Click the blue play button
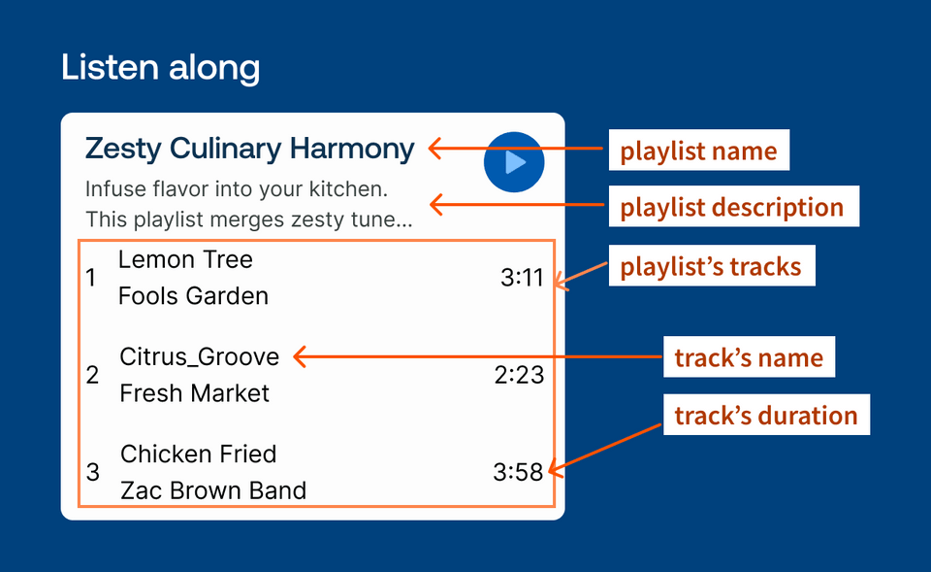[x=514, y=162]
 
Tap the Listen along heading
[x=160, y=67]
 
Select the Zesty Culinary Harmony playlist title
[x=249, y=149]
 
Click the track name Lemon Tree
[x=185, y=259]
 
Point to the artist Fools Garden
[x=193, y=295]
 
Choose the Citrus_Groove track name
[x=199, y=356]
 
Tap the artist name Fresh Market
[x=195, y=393]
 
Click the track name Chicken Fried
[x=198, y=454]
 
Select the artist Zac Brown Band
[x=212, y=490]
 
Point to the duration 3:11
[x=522, y=279]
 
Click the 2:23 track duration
[x=519, y=375]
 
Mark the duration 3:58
[x=518, y=473]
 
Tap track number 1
[x=91, y=279]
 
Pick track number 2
[x=92, y=375]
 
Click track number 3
[x=93, y=473]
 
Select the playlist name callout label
[x=698, y=151]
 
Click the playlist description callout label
[x=732, y=207]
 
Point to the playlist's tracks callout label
[x=711, y=266]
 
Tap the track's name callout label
[x=749, y=357]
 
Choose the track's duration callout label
[x=766, y=416]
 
